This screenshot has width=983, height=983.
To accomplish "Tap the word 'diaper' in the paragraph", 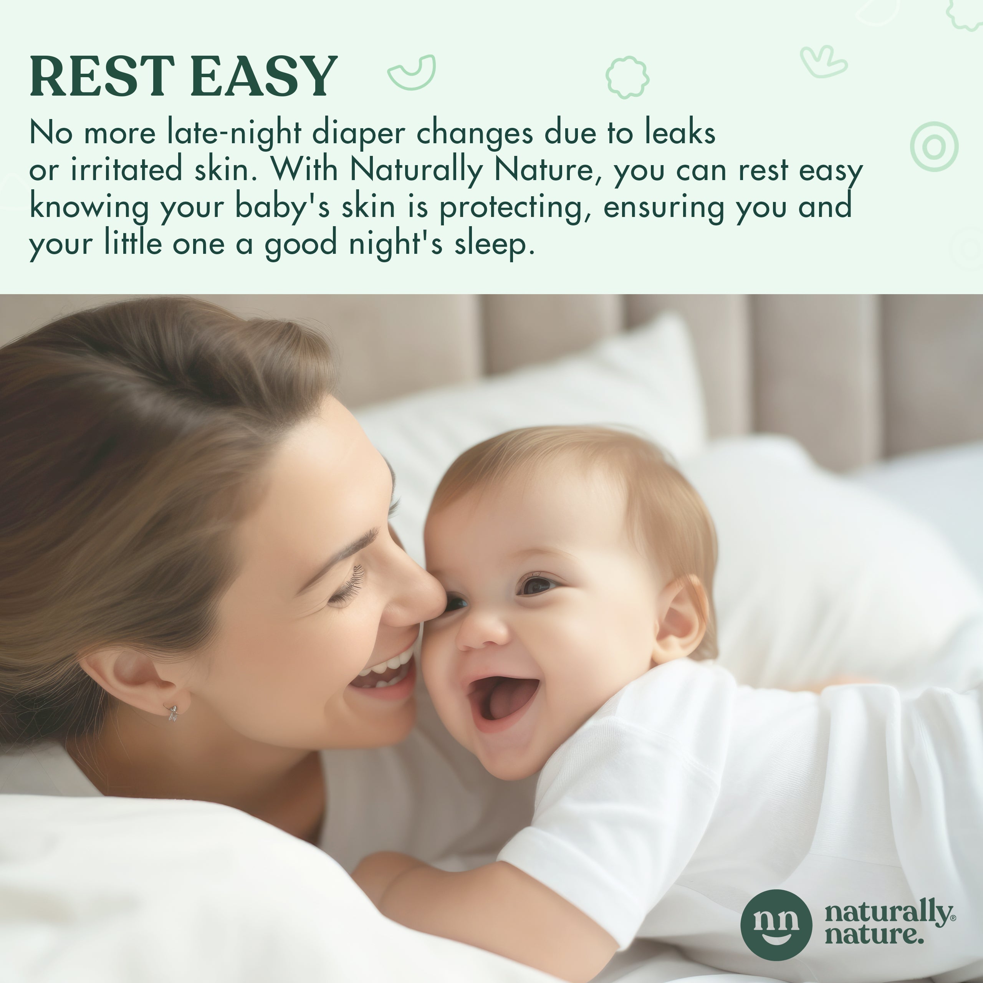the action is pos(359,134).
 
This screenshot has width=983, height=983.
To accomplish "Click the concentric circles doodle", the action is pos(934,147).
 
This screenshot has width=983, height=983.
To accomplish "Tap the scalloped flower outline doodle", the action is pos(627,77).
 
